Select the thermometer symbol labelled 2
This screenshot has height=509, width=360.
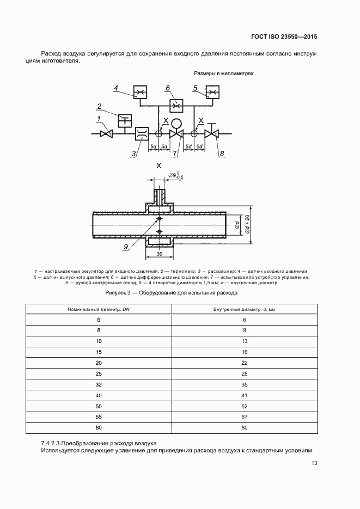point(125,119)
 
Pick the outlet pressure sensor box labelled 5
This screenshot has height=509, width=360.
point(212,94)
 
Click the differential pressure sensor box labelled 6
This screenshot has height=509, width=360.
point(176,105)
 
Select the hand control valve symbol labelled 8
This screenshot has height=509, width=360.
point(211,133)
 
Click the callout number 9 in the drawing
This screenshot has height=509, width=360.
point(125,247)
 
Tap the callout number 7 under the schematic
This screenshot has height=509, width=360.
point(175,154)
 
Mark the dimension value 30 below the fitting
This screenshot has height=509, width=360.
point(160,254)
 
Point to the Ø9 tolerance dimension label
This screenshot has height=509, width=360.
point(175,175)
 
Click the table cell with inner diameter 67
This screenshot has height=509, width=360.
point(245,416)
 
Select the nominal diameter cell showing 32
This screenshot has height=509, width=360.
point(99,384)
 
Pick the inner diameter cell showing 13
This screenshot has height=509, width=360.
point(245,341)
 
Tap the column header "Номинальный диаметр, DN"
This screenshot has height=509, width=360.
point(99,309)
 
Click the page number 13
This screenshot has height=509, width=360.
point(314,463)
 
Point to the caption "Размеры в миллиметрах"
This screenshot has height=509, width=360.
point(224,73)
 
